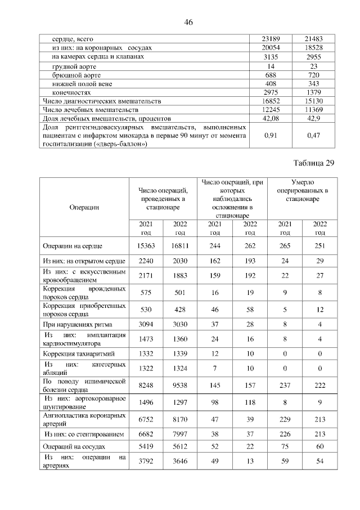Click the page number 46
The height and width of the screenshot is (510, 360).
coord(188,22)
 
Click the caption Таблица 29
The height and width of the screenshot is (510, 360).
coord(314,163)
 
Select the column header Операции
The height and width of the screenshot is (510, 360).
coord(84,207)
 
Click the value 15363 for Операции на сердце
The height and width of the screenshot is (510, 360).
coord(146,246)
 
